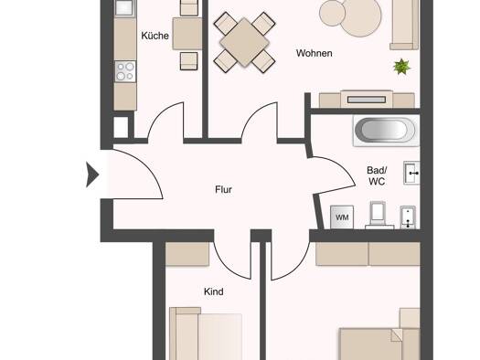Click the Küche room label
(155, 36)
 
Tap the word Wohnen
(315, 53)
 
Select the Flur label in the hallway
(223, 190)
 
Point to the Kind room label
(213, 291)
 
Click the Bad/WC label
(377, 175)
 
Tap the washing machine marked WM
(342, 217)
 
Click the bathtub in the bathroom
(385, 131)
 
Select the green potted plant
(401, 67)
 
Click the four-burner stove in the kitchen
(125, 71)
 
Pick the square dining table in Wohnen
(244, 42)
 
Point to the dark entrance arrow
(92, 175)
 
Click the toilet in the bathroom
(379, 215)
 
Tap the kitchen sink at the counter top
(125, 7)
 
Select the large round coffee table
(361, 17)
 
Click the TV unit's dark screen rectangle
(367, 100)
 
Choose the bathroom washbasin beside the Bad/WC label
(411, 173)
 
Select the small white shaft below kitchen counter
(121, 127)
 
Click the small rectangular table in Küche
(187, 34)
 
